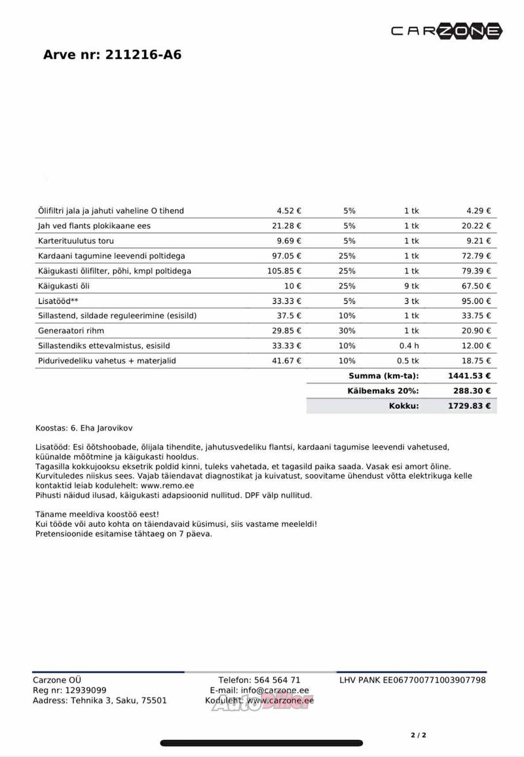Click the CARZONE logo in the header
[447, 31]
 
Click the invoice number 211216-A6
[142, 55]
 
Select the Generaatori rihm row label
[71, 330]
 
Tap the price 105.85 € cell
[283, 271]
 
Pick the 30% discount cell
[347, 330]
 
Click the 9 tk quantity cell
[411, 286]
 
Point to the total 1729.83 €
[468, 406]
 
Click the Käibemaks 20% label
[383, 391]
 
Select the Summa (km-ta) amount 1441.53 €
[468, 376]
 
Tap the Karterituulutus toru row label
[76, 241]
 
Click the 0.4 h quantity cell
[409, 345]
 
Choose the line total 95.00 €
[478, 301]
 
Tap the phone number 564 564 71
[278, 680]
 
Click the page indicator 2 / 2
[419, 735]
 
